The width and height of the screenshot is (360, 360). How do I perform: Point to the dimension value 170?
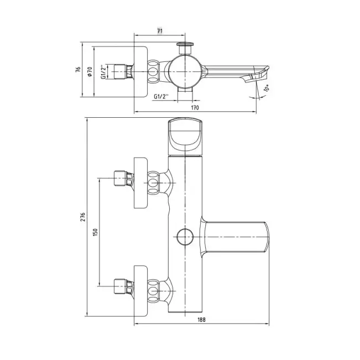195,108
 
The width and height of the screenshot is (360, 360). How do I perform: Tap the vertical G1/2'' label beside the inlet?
103,72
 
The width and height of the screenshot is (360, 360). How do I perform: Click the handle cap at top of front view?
184,135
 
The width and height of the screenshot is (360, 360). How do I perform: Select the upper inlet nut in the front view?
121,178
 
